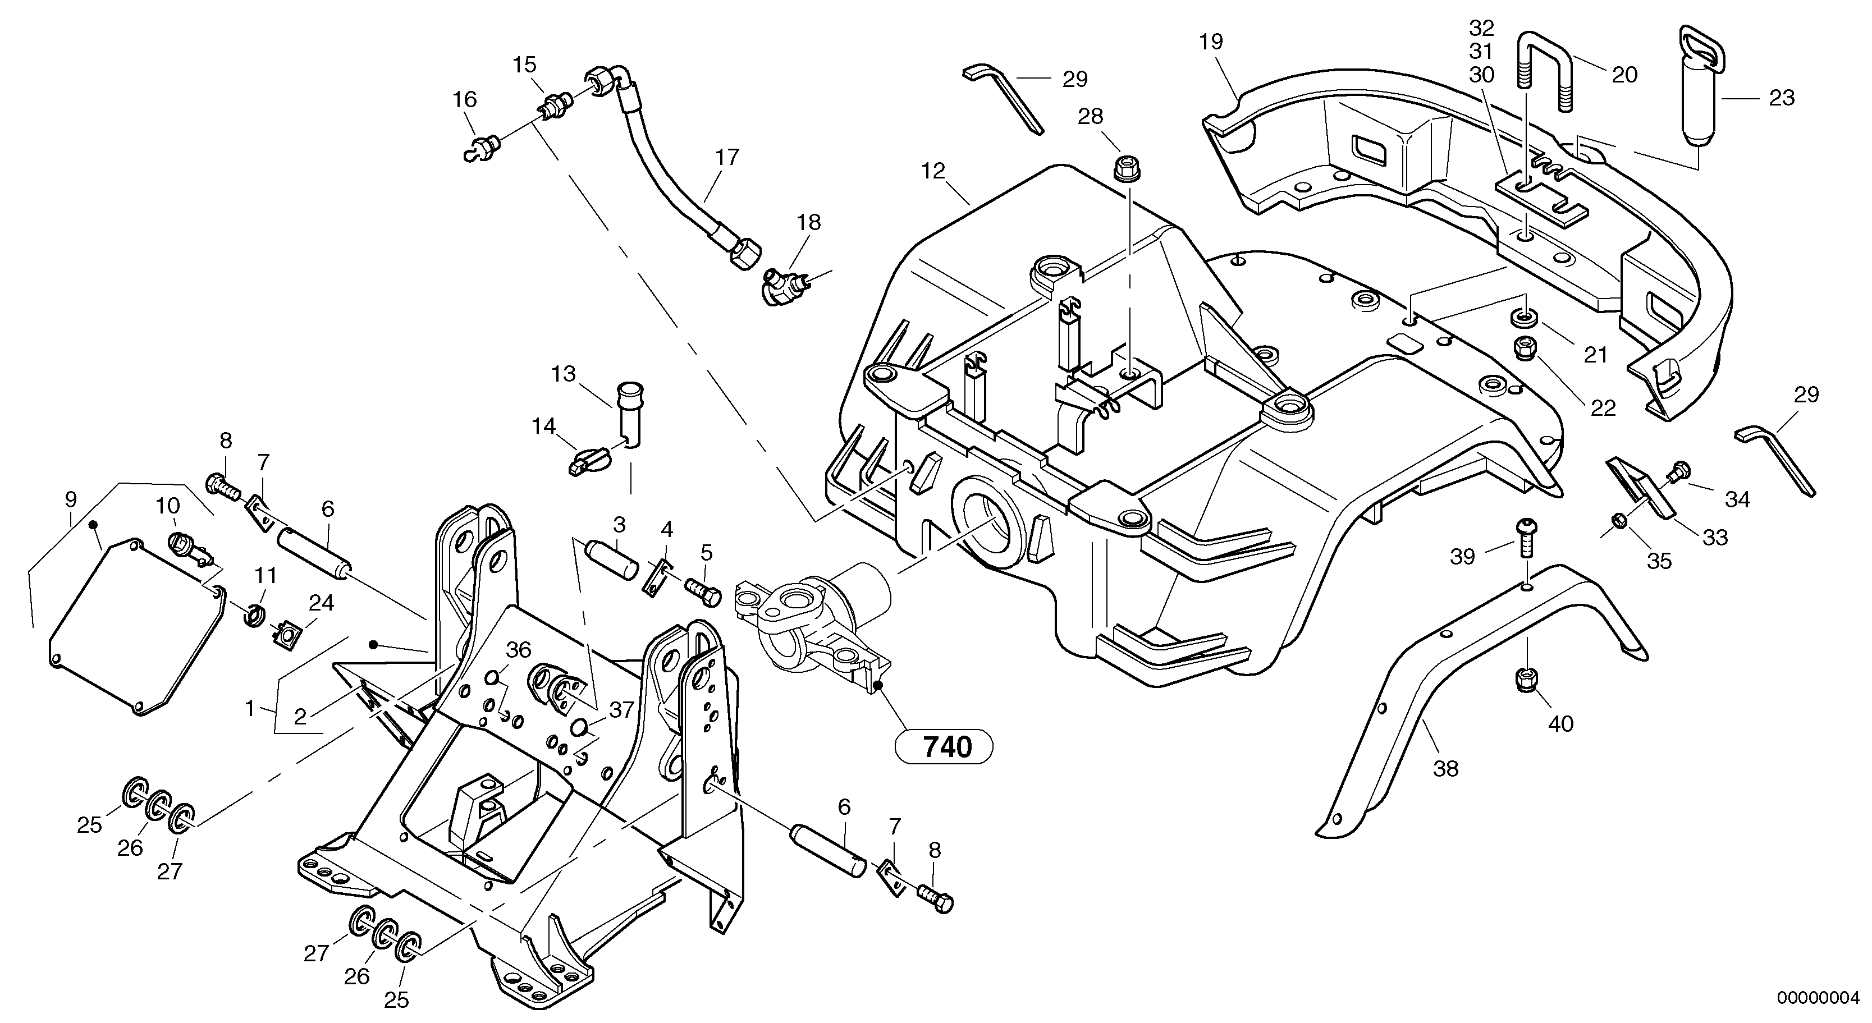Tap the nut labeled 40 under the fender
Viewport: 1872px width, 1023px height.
(x=1524, y=680)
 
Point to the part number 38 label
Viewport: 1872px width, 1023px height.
(x=1445, y=768)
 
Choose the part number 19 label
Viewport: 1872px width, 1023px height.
(x=1211, y=42)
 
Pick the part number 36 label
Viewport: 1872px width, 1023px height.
(x=518, y=650)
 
